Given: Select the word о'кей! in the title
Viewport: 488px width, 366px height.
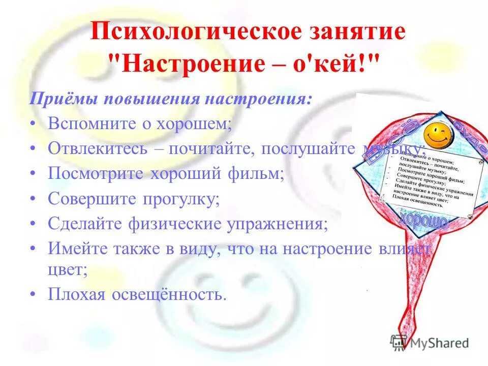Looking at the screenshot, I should (x=336, y=64).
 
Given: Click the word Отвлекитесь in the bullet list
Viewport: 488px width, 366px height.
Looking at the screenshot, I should (x=98, y=148).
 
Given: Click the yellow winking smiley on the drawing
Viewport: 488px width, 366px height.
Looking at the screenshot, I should (x=438, y=134).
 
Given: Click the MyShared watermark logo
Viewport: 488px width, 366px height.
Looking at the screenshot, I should (x=430, y=343).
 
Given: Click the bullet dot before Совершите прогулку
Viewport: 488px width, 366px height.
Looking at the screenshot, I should (x=33, y=199).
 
